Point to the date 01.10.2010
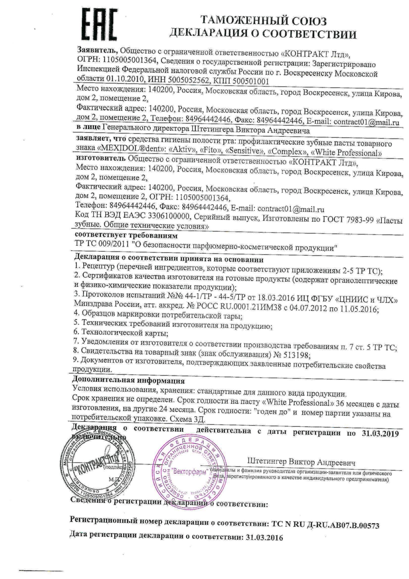(125, 79)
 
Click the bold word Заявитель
(97, 50)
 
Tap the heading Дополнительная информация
(128, 380)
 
